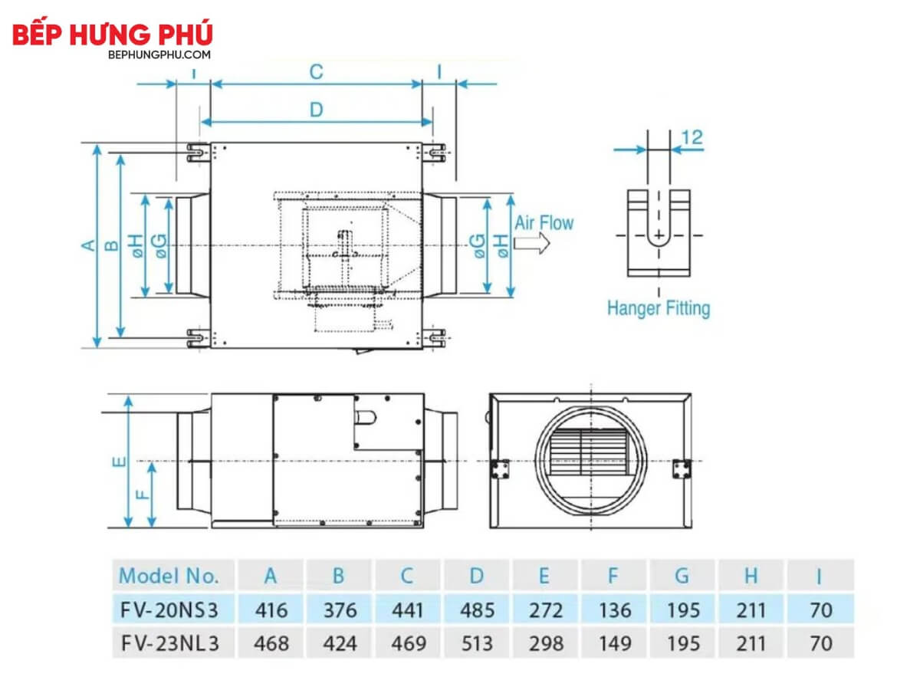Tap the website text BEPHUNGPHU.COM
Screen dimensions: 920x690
[x=159, y=54]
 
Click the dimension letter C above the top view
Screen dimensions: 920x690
[x=317, y=71]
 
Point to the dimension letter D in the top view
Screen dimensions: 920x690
[x=317, y=110]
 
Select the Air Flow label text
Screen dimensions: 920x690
[x=544, y=223]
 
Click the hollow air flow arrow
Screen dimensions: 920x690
[x=532, y=243]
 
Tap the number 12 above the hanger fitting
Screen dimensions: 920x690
[x=692, y=137]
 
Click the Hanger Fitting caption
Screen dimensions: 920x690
[x=659, y=308]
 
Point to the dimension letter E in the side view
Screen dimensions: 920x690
[x=120, y=462]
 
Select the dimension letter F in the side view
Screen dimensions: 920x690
[x=143, y=495]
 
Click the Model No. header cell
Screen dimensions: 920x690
[x=169, y=576]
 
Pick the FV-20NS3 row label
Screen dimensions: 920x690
[x=169, y=610]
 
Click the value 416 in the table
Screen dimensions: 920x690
[x=271, y=610]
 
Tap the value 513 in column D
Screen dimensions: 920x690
[x=477, y=643]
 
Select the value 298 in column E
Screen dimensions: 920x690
[x=546, y=643]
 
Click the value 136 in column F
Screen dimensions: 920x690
[x=614, y=610]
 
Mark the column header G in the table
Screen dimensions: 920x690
[x=682, y=576]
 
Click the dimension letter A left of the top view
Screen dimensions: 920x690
[x=88, y=245]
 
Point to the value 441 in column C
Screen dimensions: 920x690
[x=407, y=610]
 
